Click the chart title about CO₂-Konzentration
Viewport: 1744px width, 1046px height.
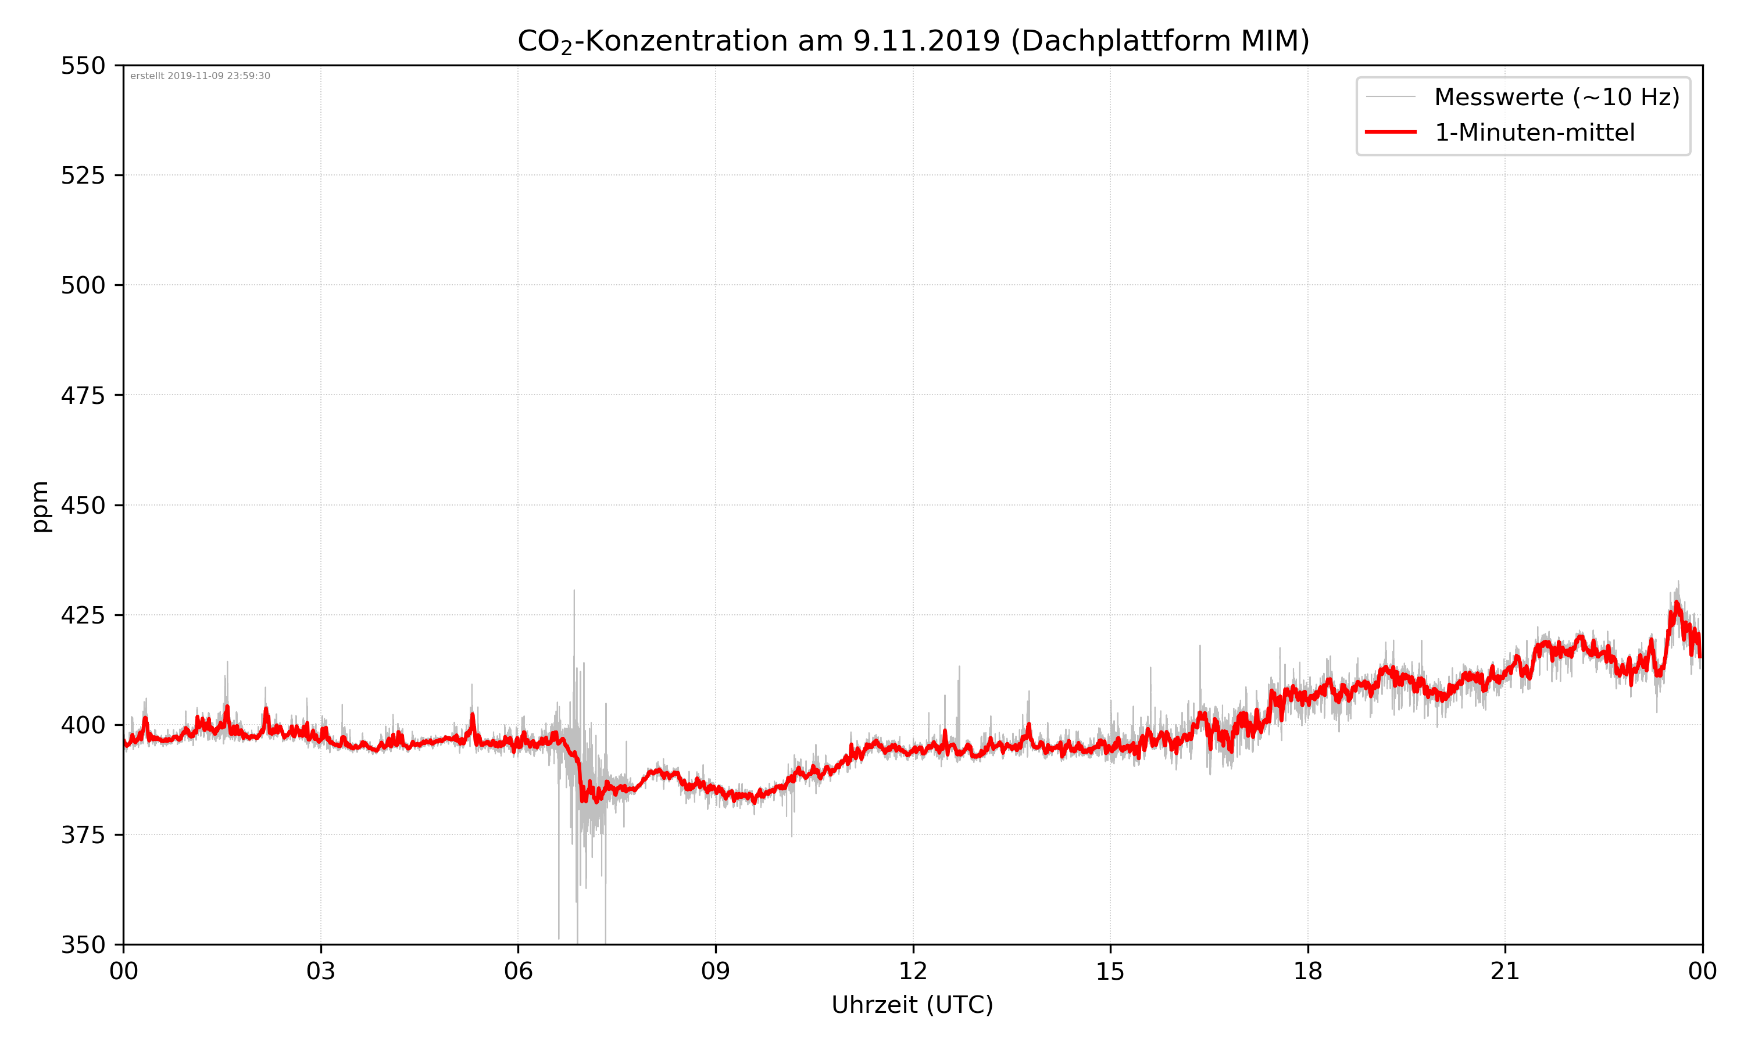(913, 41)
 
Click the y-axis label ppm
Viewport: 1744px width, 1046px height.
(40, 506)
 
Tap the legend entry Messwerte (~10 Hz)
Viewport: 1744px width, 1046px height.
(1556, 97)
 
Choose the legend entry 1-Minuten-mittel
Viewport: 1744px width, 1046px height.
(1534, 132)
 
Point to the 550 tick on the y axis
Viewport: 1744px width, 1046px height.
(83, 66)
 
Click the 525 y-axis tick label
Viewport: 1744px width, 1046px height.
(83, 175)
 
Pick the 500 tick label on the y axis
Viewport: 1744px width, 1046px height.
(83, 285)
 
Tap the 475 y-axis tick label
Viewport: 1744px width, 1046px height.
(83, 395)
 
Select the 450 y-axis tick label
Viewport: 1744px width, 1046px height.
(83, 506)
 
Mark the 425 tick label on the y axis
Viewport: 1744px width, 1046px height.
(83, 615)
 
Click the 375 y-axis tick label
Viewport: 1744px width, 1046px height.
(83, 835)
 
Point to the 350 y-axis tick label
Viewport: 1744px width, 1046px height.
(83, 944)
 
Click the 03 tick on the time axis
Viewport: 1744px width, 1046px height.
(321, 971)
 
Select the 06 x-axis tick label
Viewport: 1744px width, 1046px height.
(518, 971)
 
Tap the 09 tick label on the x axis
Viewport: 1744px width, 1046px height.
(716, 971)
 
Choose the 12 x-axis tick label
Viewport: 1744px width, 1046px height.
(913, 971)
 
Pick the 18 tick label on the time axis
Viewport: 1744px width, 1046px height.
(1307, 971)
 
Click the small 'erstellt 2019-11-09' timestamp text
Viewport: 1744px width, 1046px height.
(200, 76)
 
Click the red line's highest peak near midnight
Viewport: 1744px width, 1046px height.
(1677, 603)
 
